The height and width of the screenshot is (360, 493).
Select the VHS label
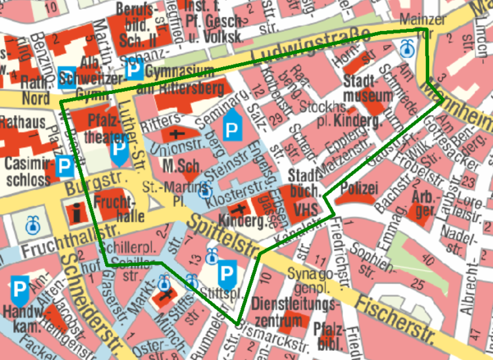pyautogui.click(x=306, y=209)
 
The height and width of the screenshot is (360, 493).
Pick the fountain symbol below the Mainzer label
pyautogui.click(x=408, y=47)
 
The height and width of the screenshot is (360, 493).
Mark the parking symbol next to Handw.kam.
pyautogui.click(x=20, y=287)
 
